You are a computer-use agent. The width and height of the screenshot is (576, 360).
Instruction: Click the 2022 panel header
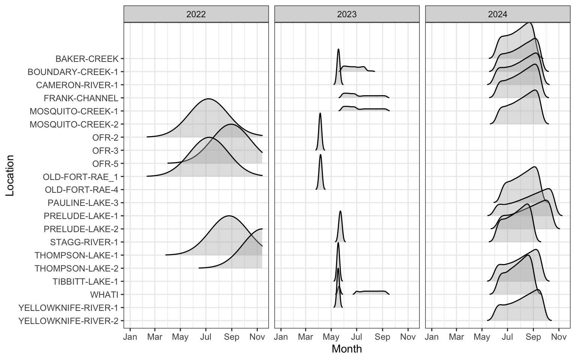(196, 14)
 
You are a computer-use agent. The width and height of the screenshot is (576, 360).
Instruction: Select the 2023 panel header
(347, 14)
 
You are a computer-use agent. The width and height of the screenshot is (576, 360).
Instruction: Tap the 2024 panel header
(498, 14)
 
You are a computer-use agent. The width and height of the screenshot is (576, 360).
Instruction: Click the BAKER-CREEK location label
(87, 59)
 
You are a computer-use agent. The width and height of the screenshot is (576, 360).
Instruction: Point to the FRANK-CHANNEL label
(81, 98)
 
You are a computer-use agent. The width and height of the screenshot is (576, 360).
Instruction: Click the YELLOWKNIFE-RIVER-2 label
(68, 321)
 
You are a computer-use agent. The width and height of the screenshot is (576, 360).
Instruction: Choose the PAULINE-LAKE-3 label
(83, 203)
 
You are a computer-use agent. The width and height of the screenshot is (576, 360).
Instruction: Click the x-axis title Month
(347, 349)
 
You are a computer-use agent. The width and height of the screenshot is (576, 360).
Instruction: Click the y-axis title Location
(10, 175)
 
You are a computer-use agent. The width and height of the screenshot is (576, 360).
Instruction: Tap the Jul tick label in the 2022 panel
(206, 337)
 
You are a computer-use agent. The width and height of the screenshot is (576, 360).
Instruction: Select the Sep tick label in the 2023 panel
(382, 337)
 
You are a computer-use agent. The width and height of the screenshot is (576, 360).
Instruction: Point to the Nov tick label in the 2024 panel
(559, 337)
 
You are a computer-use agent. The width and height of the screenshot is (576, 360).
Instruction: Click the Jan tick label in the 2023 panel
(281, 337)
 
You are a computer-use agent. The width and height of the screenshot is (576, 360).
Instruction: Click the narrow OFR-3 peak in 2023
(320, 114)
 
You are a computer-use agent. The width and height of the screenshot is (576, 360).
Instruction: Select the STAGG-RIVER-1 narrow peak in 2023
(340, 212)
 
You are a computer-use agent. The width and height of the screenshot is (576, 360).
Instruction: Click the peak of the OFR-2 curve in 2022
(208, 99)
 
